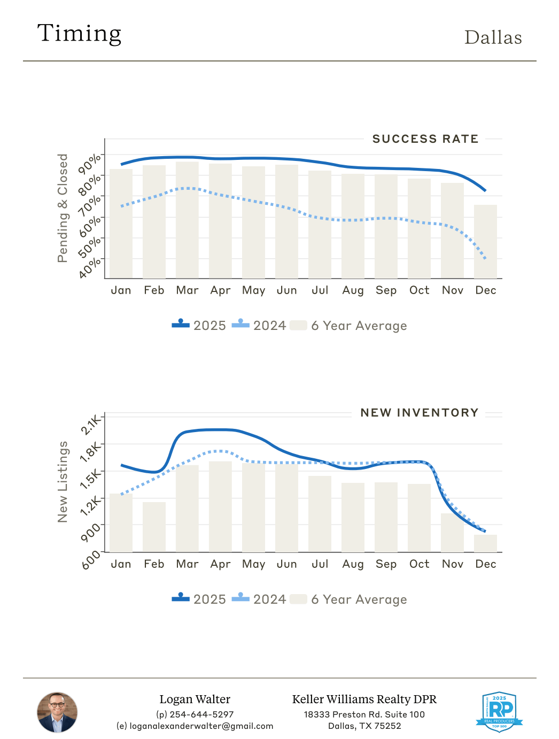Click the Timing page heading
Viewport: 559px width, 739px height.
(x=79, y=33)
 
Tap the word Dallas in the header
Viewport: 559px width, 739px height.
(x=493, y=37)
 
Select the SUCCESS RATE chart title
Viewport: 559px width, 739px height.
(x=425, y=139)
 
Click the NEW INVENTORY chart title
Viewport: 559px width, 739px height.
(x=419, y=413)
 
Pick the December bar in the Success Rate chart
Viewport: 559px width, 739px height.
(x=485, y=241)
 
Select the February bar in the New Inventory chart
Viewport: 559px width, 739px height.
(x=154, y=527)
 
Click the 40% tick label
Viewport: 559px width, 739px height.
(x=90, y=267)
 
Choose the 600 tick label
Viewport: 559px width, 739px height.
(x=92, y=559)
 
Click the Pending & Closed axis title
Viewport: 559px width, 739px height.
(x=63, y=208)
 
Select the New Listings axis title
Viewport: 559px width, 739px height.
(x=63, y=482)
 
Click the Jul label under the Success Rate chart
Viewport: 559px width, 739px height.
(x=320, y=290)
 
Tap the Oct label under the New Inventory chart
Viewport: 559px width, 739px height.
(x=419, y=564)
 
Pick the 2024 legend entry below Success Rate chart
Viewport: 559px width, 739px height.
(x=260, y=326)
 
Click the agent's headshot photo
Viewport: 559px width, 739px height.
(x=57, y=712)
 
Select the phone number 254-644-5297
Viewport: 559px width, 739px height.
(x=201, y=714)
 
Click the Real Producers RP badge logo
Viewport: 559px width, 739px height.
(x=499, y=711)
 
